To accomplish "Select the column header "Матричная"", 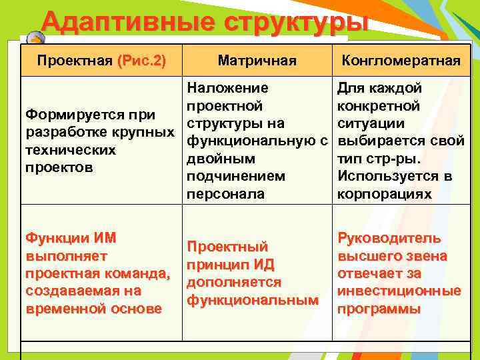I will (257, 61).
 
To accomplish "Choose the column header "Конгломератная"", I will (401, 61).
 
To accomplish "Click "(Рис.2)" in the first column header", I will (141, 61).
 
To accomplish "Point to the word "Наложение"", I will (228, 88).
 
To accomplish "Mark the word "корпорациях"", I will (385, 194).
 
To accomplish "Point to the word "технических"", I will (70, 150).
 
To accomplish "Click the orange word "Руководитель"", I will (389, 239).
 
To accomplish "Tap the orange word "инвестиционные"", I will (399, 291).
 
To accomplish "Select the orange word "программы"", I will (379, 309).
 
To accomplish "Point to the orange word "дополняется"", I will (225, 283).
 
